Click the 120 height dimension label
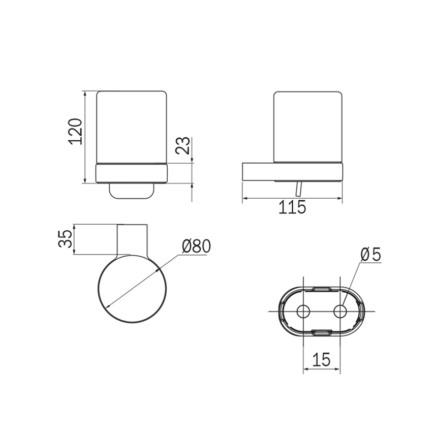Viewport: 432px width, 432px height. click(75, 132)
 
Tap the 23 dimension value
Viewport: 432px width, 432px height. click(183, 145)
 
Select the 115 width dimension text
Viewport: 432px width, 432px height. click(292, 207)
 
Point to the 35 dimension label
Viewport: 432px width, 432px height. click(65, 238)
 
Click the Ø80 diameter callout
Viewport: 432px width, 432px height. click(197, 246)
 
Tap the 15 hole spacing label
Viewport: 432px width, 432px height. click(321, 359)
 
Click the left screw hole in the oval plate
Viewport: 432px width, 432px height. click(303, 312)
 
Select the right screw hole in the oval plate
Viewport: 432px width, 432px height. click(340, 312)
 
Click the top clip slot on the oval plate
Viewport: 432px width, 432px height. click(322, 289)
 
